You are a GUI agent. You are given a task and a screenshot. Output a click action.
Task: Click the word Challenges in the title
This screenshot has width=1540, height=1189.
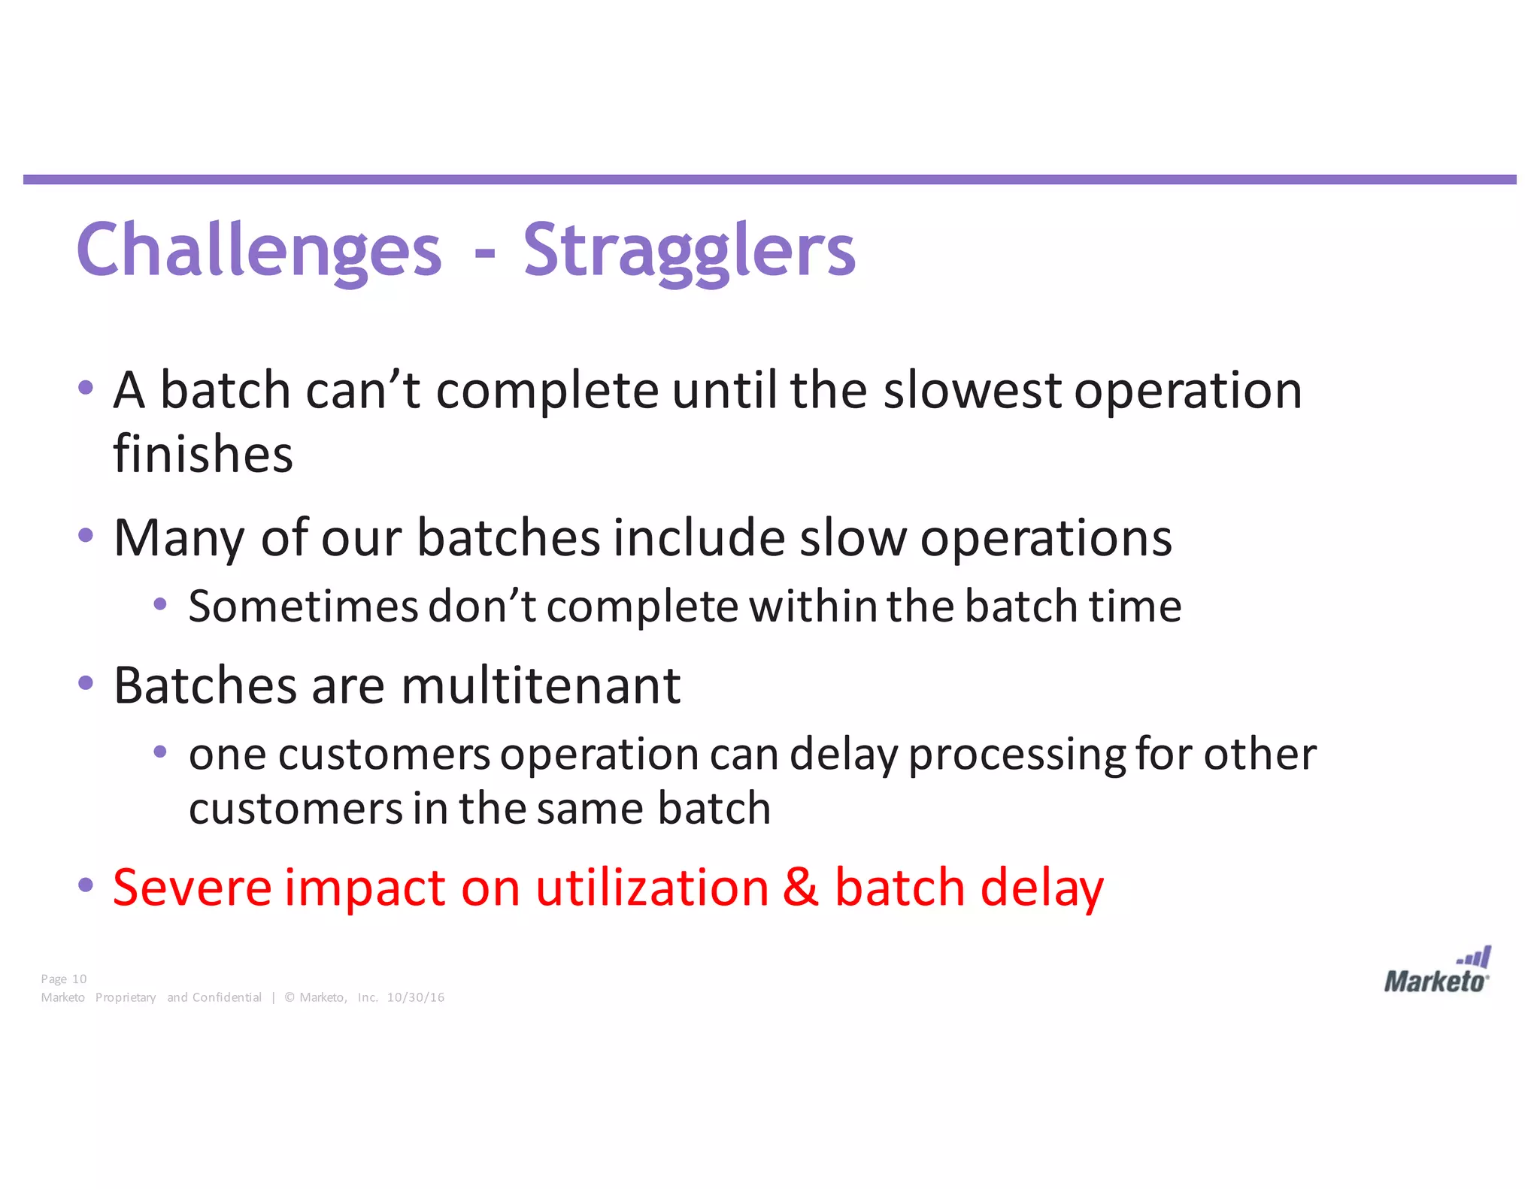tap(259, 250)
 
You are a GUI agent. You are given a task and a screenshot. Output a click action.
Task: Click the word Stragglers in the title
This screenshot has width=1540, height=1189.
tap(689, 250)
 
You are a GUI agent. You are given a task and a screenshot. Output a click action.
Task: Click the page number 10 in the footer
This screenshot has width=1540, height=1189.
tap(79, 979)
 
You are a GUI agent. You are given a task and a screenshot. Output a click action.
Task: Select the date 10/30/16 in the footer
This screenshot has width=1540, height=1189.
tap(415, 997)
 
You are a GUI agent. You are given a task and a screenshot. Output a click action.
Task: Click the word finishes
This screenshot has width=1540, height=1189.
tap(203, 454)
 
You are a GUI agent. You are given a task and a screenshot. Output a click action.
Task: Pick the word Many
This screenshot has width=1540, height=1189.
tap(179, 538)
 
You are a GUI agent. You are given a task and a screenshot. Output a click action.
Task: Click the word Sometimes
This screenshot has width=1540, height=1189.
tap(302, 606)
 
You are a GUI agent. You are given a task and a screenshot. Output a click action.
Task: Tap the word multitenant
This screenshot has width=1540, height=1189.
tap(540, 685)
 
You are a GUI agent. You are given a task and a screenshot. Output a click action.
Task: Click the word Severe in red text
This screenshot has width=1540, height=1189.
tap(192, 887)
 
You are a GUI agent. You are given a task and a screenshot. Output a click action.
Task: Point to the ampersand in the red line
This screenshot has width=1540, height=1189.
tap(800, 887)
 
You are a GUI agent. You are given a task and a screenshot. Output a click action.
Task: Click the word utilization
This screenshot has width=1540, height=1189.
tap(652, 887)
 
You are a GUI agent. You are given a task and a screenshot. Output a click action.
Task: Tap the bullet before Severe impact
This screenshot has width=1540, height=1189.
tap(86, 885)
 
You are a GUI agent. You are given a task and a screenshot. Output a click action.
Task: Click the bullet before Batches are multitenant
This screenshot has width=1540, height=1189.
tap(86, 683)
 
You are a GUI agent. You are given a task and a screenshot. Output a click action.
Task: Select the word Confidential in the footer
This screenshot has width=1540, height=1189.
tap(226, 997)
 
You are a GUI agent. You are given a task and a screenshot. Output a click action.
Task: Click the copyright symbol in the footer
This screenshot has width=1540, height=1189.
tap(290, 997)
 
